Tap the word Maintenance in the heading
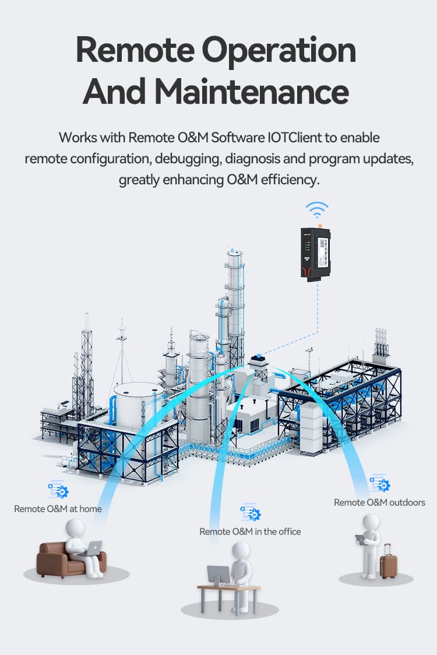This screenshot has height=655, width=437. pos(252,92)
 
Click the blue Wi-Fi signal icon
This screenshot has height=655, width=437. pos(318,210)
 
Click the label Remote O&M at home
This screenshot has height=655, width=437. pos(58,509)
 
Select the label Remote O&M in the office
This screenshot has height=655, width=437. pos(250,531)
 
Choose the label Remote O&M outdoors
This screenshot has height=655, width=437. pos(379,502)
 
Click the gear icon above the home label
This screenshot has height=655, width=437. pos(58,491)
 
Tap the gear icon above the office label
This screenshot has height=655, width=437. pos(251,513)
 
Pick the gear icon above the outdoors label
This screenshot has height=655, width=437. pos(380,484)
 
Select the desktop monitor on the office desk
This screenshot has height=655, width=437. pos(218,576)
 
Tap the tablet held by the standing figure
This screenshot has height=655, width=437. pos(361,540)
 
